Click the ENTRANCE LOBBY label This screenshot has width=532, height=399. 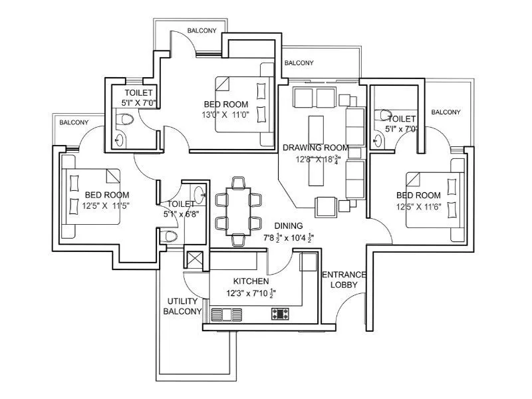pos(344,279)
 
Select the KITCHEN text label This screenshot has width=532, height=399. pos(251,281)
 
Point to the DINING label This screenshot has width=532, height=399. pos(288,225)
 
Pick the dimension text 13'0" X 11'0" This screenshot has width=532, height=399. pos(226,115)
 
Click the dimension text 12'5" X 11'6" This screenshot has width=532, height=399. pos(418,206)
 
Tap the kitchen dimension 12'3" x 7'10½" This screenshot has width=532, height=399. pos(251,293)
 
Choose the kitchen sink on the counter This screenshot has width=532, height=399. pos(226,314)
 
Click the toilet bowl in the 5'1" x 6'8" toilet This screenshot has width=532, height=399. pos(171,235)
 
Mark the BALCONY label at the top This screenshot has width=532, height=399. pos(201,31)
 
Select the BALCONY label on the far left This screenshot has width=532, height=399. pos(73,122)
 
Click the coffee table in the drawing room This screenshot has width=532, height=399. pos(317,126)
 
